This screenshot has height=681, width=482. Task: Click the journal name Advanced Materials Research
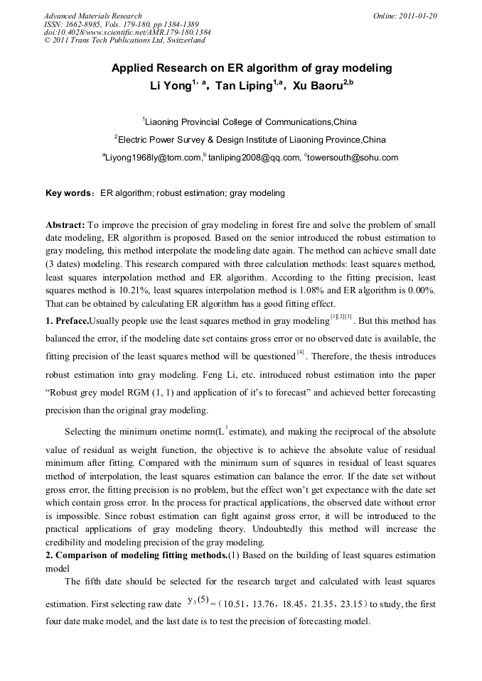click(x=92, y=16)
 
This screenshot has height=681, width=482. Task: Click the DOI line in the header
click(x=127, y=32)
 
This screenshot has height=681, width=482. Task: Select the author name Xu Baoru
click(x=317, y=85)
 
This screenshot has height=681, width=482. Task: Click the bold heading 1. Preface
click(x=67, y=321)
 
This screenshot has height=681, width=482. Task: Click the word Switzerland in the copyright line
click(x=184, y=40)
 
